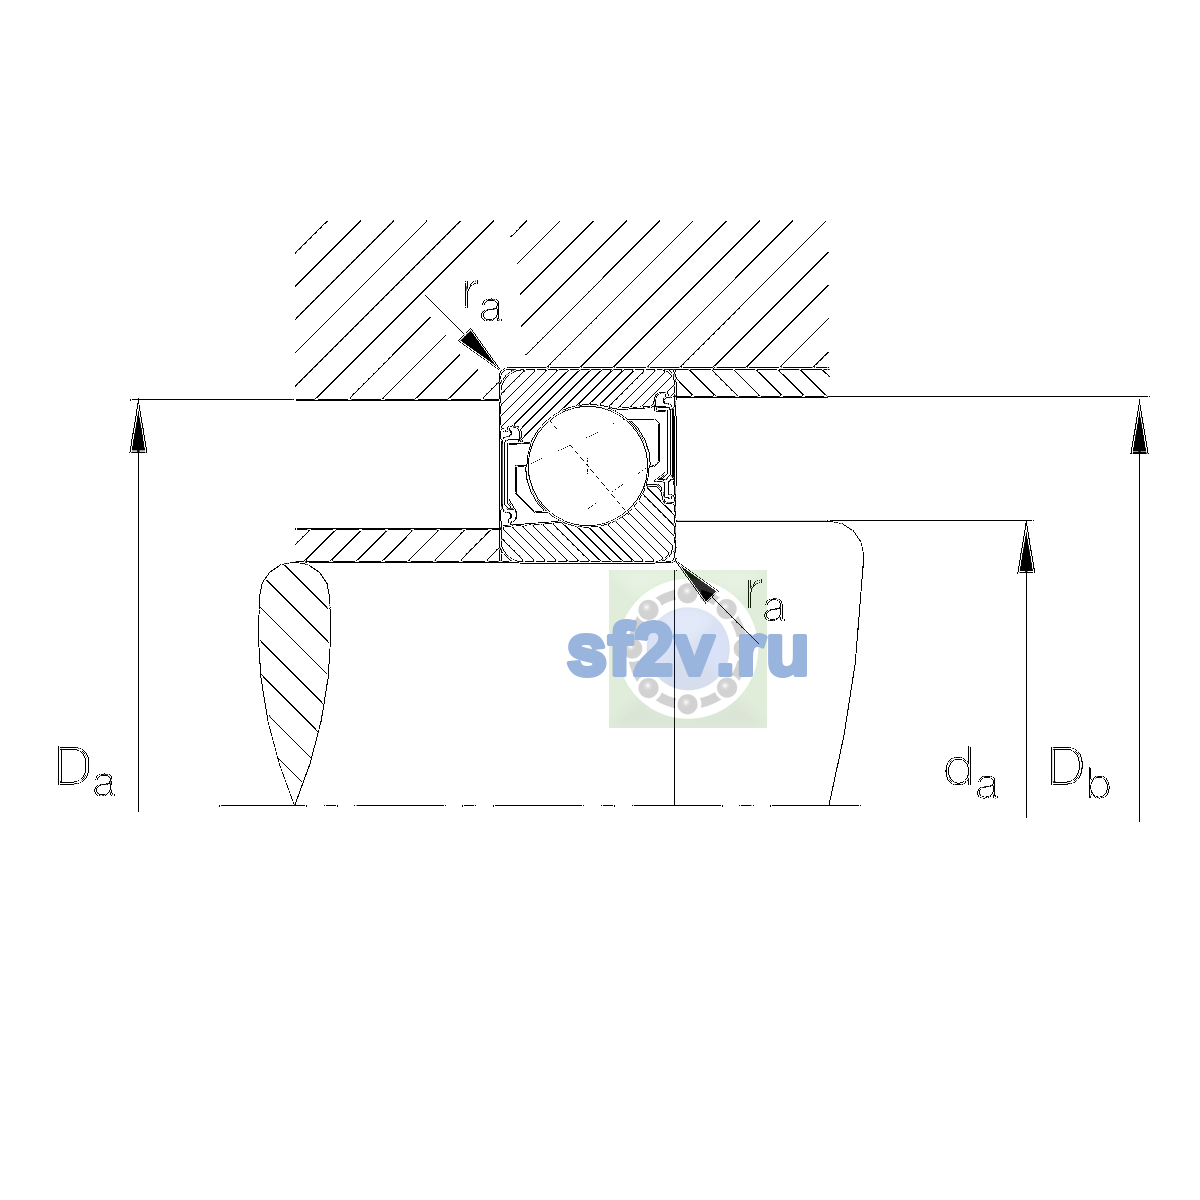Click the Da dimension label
[86, 772]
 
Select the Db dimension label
[1079, 772]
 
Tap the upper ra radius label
[483, 300]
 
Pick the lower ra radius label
[766, 600]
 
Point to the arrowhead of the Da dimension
[138, 426]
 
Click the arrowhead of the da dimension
[1026, 547]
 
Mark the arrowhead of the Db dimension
[1139, 427]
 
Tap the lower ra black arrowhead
[695, 581]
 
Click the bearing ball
[588, 466]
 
